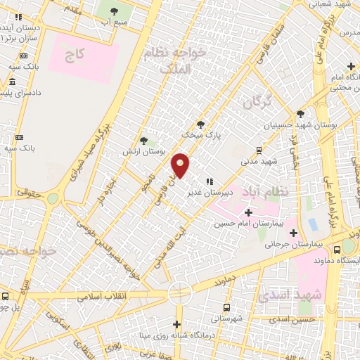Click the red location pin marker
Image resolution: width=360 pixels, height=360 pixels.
tap(181, 165)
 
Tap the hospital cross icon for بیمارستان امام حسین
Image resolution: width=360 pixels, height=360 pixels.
tap(248, 212)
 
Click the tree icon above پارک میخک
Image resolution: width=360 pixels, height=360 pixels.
tap(200, 124)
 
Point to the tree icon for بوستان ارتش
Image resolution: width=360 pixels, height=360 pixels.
tap(143, 141)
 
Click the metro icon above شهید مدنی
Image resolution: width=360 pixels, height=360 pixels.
tap(259, 150)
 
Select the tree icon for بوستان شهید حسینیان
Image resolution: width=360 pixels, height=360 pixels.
tap(301, 114)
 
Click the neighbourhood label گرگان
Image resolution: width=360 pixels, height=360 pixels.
tap(257, 103)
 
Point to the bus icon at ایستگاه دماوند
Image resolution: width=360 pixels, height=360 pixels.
tap(337, 248)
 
